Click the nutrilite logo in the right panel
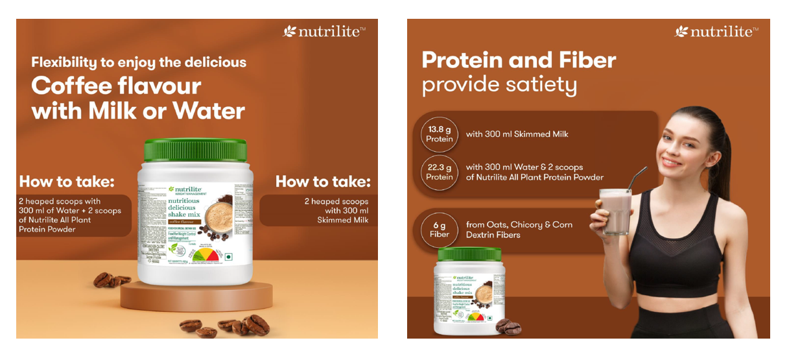tap(716, 31)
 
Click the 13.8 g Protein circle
tap(439, 134)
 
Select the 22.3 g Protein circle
tap(439, 172)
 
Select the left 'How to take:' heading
tap(67, 181)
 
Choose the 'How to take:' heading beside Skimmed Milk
tap(323, 181)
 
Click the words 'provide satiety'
tap(499, 85)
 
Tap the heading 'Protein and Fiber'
tap(519, 60)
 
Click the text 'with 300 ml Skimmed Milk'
tap(517, 134)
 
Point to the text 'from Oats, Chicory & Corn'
tap(519, 224)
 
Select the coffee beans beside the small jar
tap(508, 327)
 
